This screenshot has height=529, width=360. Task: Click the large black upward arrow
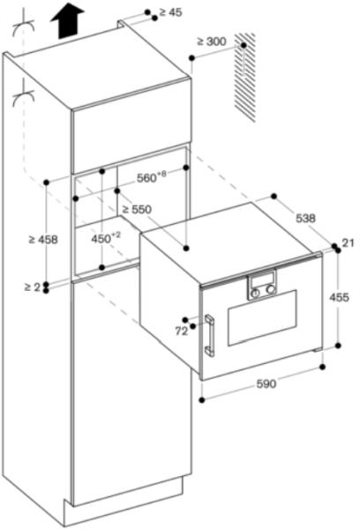click(x=67, y=23)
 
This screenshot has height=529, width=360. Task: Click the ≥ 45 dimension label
click(x=170, y=12)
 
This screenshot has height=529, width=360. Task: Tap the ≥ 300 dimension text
click(x=212, y=41)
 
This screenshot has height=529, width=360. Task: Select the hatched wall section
click(x=244, y=78)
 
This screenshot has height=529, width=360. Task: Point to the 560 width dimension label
click(x=152, y=177)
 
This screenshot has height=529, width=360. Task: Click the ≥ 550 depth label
click(x=137, y=210)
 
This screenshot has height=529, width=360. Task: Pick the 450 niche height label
click(x=106, y=239)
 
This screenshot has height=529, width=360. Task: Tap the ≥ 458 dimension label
click(x=43, y=240)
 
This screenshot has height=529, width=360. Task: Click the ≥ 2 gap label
click(x=32, y=287)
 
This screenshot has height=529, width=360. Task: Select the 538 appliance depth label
click(x=305, y=219)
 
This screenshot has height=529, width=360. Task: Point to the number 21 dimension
click(x=348, y=242)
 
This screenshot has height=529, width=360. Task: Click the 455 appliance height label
click(x=339, y=297)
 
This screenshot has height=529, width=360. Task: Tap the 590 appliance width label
click(x=266, y=384)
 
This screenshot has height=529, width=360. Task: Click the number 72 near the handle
click(x=182, y=332)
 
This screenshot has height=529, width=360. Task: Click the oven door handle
click(x=209, y=335)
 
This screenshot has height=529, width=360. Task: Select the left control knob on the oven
click(x=256, y=293)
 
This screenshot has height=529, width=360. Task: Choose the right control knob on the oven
click(x=270, y=289)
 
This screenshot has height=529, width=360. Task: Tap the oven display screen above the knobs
click(x=261, y=279)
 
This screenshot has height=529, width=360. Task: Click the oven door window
click(x=262, y=317)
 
